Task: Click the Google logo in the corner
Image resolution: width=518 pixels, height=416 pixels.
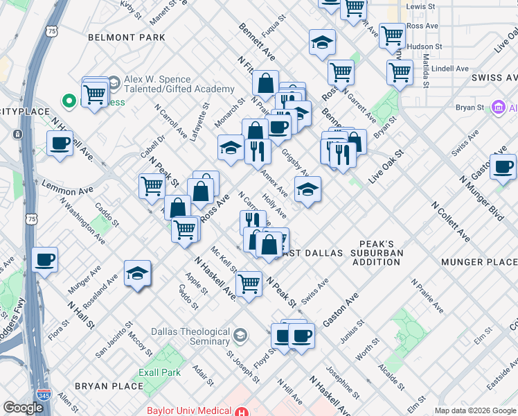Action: [23, 408]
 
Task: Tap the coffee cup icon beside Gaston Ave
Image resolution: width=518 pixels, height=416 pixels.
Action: [503, 167]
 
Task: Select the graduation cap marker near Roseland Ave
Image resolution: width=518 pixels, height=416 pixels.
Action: [138, 273]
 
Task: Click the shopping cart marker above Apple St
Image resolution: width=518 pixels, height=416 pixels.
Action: [249, 283]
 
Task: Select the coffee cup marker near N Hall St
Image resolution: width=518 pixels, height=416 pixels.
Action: [46, 260]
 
